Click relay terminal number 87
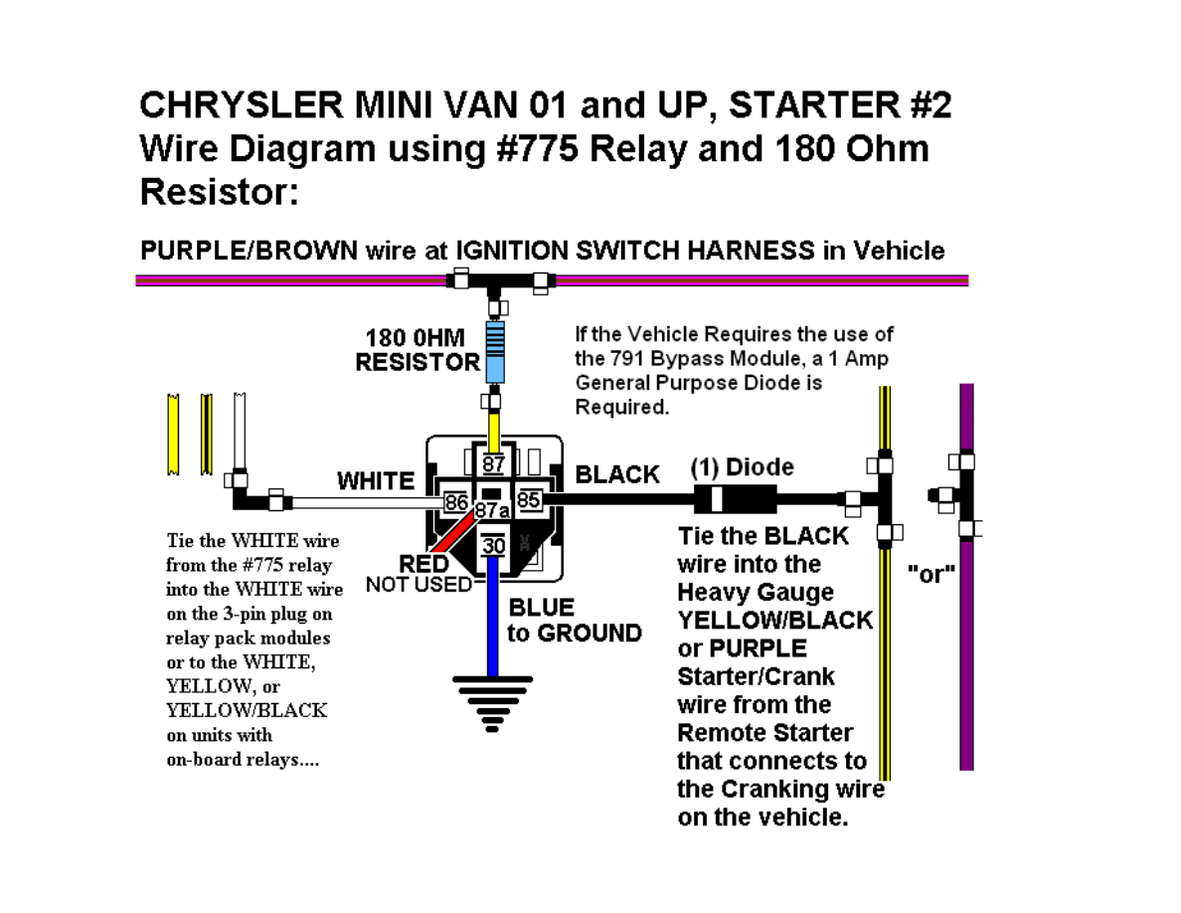tap(493, 464)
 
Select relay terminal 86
tap(455, 501)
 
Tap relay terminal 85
tap(529, 499)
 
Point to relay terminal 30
tap(493, 545)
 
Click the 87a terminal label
tap(492, 511)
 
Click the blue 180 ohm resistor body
tap(495, 352)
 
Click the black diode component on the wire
tap(735, 498)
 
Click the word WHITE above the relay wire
tap(375, 480)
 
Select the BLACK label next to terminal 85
tap(617, 474)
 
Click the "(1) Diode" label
tap(742, 467)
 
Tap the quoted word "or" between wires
tap(930, 574)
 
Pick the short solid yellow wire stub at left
tap(173, 435)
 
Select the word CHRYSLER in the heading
tap(241, 104)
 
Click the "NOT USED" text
tap(419, 585)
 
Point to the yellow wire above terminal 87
tap(494, 432)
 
